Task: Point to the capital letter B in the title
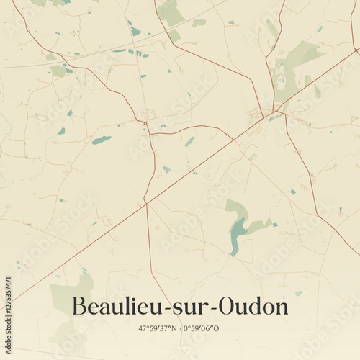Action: click(80, 307)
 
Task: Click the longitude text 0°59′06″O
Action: click(202, 328)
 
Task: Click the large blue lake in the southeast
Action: click(236, 234)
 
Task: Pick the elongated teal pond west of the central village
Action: click(102, 140)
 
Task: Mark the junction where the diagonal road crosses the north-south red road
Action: click(145, 204)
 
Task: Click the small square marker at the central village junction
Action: click(145, 123)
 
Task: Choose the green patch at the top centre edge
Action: click(171, 13)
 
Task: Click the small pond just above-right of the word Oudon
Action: click(298, 293)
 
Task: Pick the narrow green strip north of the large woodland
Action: click(272, 29)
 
